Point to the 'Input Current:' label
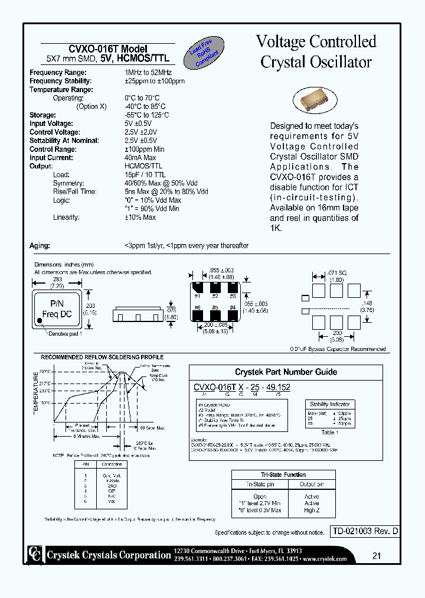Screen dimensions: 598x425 (51, 158)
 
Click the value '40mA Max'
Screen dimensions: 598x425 (140, 158)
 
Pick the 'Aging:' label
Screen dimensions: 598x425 (40, 245)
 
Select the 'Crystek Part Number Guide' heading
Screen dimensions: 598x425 (286, 372)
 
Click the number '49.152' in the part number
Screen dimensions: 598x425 (277, 388)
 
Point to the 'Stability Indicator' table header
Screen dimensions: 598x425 (330, 404)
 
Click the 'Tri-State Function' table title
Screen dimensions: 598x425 (283, 474)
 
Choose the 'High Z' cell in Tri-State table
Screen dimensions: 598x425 (311, 510)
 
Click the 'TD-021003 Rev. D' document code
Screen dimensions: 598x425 (363, 531)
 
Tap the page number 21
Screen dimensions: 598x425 (376, 555)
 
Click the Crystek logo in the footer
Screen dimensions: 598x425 (35, 554)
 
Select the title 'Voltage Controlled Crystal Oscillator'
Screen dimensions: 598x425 (316, 51)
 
